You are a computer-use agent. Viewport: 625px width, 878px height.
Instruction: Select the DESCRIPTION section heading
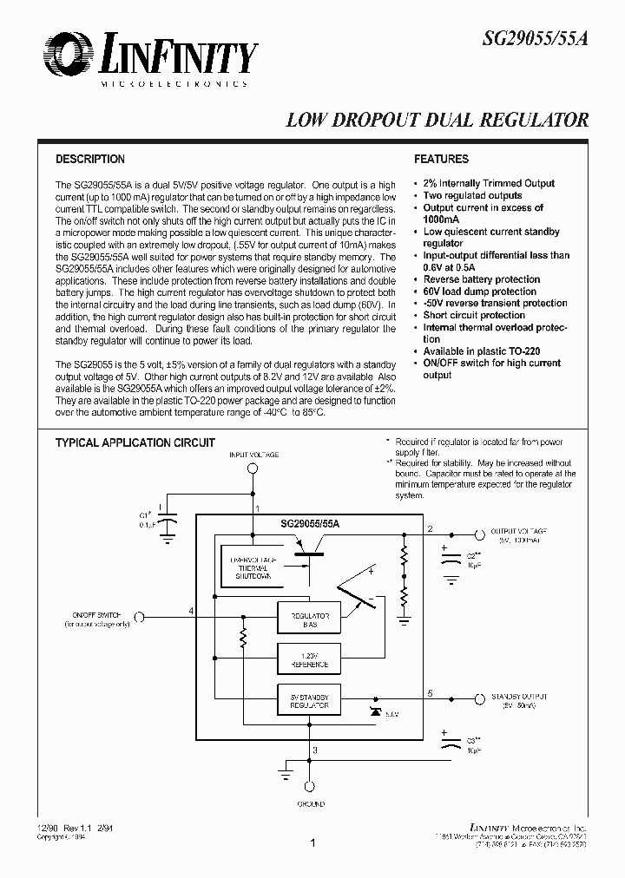pos(90,160)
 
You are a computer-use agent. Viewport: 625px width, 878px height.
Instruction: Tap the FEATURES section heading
pos(441,160)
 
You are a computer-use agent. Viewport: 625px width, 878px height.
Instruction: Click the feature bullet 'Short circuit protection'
pos(474,316)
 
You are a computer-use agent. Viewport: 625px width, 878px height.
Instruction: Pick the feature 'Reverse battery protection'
pos(481,279)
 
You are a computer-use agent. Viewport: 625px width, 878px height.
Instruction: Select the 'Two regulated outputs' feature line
pos(472,195)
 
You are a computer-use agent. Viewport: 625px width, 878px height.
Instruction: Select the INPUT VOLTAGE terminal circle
pos(253,468)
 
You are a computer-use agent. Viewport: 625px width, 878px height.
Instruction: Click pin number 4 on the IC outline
pos(191,611)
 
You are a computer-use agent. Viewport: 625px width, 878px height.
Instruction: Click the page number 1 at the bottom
pos(312,842)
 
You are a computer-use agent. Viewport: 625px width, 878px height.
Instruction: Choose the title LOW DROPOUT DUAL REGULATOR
pos(437,121)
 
